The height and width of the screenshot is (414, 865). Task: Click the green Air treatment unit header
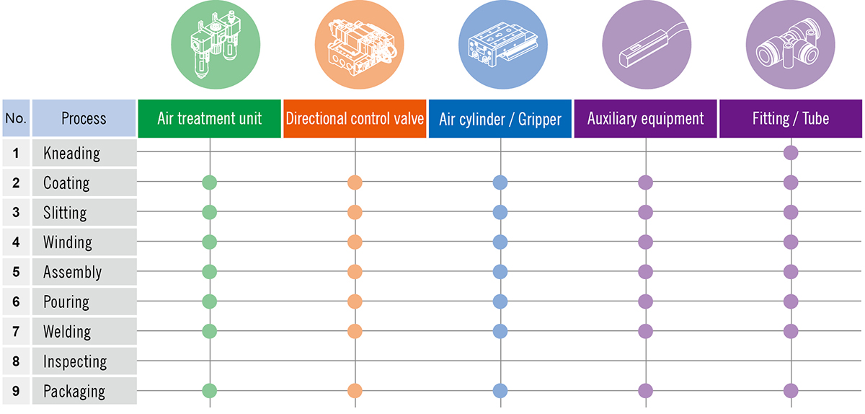tap(209, 118)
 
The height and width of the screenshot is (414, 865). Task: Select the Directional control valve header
tap(355, 118)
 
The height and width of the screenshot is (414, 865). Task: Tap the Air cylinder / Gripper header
tap(500, 118)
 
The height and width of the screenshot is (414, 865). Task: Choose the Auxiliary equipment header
tap(645, 118)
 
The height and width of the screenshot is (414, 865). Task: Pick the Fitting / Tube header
tap(791, 118)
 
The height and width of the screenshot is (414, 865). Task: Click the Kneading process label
tap(71, 153)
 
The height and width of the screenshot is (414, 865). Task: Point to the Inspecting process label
tap(75, 361)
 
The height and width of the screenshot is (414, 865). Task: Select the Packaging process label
tap(74, 392)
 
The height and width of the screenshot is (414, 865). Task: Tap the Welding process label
tap(67, 332)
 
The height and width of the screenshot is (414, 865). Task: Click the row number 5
tap(16, 272)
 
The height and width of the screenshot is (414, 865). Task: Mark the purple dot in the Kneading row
tap(791, 152)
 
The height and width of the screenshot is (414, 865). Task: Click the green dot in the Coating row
tap(209, 182)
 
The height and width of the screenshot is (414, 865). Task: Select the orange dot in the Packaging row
tap(355, 391)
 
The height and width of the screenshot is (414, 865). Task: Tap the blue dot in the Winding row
tap(500, 242)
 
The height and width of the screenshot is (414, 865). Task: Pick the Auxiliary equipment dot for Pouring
tap(645, 301)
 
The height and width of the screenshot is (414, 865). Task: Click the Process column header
tap(84, 118)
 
